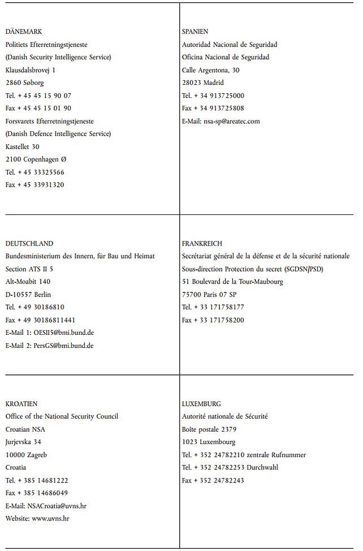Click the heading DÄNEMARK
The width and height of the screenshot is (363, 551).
point(24,32)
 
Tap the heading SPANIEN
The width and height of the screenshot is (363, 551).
point(195,32)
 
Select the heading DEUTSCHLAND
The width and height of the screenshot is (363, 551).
point(29,243)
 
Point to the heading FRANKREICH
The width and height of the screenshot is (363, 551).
point(202,243)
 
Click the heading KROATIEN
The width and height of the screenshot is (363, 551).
point(21,404)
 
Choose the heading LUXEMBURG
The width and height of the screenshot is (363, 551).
point(201,404)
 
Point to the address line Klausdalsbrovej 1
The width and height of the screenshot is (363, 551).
point(31,70)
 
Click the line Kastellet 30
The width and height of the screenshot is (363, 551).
point(23,147)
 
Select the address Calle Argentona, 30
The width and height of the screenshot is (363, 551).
point(210,70)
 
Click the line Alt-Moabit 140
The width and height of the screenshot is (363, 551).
point(28,282)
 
